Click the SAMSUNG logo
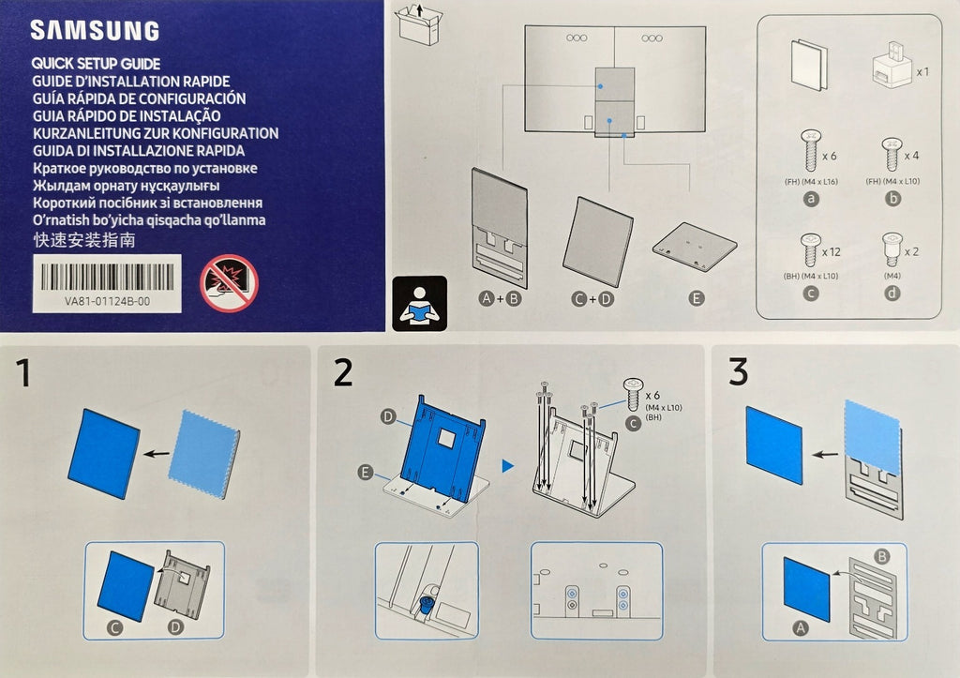point(95,31)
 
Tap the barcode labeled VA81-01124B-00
point(107,277)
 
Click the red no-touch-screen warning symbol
point(229,283)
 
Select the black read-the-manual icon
point(419,303)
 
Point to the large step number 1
point(23,373)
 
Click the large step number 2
point(343,372)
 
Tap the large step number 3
point(739,372)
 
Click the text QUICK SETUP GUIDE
point(97,64)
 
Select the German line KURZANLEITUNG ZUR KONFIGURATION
point(156,133)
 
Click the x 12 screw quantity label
point(832,251)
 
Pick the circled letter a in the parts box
point(811,199)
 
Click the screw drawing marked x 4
point(892,154)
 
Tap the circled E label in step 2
point(366,473)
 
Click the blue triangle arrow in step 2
point(507,466)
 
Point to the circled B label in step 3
point(881,556)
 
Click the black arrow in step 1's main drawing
point(157,454)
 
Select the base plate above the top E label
point(695,247)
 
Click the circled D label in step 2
point(388,417)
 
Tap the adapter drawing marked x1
point(892,65)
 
